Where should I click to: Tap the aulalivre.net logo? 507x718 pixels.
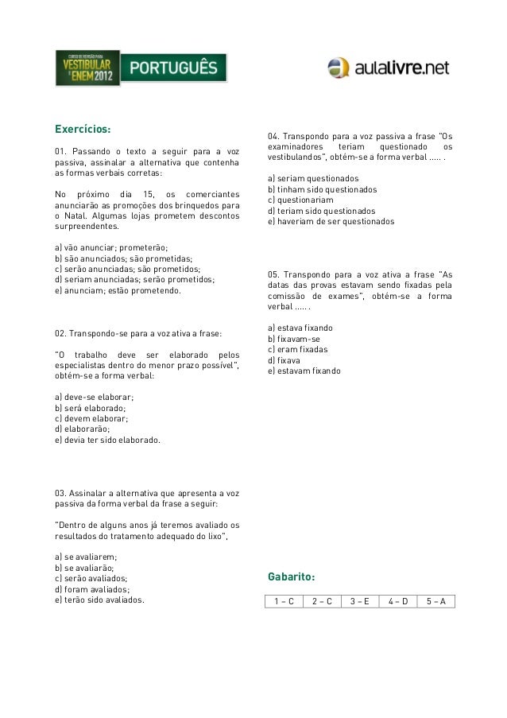389,68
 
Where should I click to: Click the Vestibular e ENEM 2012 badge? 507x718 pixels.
87,68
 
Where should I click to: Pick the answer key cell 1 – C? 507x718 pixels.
284,601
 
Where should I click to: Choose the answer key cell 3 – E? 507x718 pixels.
360,601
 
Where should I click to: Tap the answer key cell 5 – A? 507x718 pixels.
435,601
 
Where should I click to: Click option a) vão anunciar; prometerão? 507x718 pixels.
111,247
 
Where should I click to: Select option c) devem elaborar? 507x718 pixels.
91,418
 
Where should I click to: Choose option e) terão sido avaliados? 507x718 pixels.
99,600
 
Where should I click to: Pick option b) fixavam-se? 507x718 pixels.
294,339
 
